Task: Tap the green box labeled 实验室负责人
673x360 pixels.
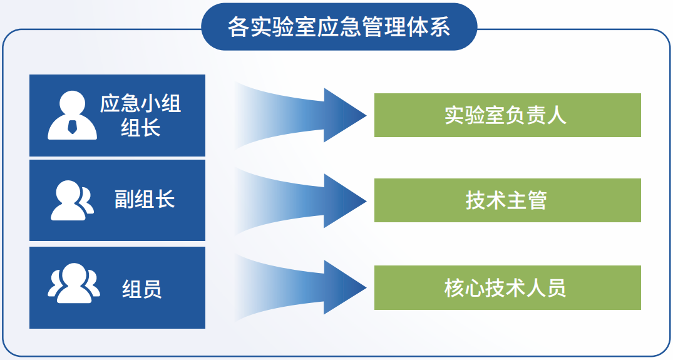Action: [x=507, y=115]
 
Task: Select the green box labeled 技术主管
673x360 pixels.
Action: [x=507, y=200]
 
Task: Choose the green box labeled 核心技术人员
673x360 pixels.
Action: [x=507, y=287]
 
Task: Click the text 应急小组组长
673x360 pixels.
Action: [x=140, y=115]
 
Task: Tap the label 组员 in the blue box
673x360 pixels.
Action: [x=141, y=289]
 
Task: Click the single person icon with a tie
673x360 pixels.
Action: [x=72, y=116]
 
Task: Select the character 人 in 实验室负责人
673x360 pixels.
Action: [x=557, y=115]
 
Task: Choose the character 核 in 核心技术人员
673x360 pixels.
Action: [x=455, y=287]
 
